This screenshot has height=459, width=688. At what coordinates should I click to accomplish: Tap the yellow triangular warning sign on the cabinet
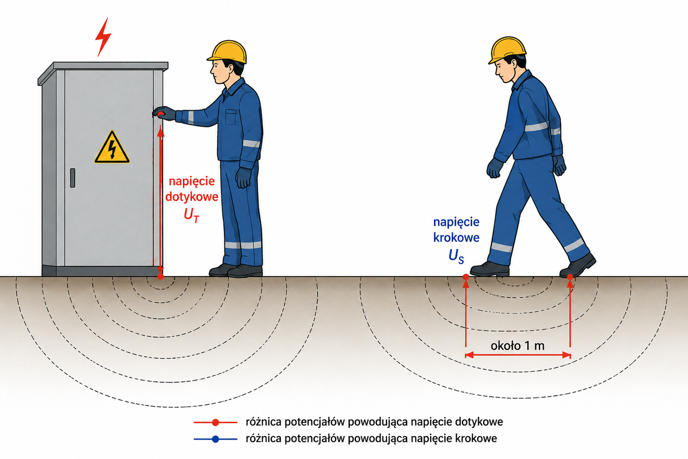(x=112, y=148)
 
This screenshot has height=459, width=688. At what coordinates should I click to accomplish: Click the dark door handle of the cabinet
(x=73, y=178)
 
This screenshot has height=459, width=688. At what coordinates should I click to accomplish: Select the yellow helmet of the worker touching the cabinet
(x=227, y=52)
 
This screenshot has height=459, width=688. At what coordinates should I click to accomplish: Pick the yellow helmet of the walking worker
(x=507, y=50)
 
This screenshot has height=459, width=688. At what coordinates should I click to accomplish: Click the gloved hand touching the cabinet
(x=164, y=114)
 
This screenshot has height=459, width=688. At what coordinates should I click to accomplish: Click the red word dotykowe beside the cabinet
(x=192, y=197)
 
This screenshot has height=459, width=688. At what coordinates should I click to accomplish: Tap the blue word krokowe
(x=456, y=237)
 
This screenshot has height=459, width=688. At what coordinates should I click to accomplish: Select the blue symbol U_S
(x=456, y=256)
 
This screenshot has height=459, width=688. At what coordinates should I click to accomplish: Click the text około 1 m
(x=518, y=346)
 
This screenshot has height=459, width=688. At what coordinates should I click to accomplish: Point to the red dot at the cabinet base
(x=161, y=277)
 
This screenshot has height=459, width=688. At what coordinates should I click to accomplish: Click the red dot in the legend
(x=215, y=422)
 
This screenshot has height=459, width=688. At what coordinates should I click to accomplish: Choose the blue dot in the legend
(x=215, y=439)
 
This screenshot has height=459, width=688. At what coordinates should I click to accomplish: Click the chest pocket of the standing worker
(x=230, y=117)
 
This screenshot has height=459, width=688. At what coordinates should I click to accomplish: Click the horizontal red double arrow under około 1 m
(x=518, y=355)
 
